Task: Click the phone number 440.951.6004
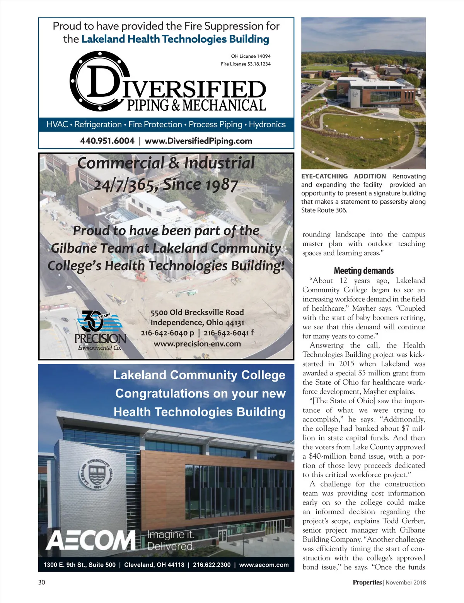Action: pyautogui.click(x=107, y=141)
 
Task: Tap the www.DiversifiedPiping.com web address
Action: pyautogui.click(x=198, y=141)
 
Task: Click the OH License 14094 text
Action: pyautogui.click(x=251, y=56)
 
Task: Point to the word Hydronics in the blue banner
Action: pyautogui.click(x=267, y=125)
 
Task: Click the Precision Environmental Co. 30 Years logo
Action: pyautogui.click(x=100, y=330)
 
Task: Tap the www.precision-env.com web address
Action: pyautogui.click(x=197, y=344)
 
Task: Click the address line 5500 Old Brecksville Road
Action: pyautogui.click(x=197, y=312)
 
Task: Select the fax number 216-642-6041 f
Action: pyautogui.click(x=229, y=333)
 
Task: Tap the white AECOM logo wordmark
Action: pyautogui.click(x=91, y=540)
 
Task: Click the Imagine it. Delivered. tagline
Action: pyautogui.click(x=171, y=540)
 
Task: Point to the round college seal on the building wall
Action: pyautogui.click(x=98, y=475)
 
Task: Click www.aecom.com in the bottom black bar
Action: pyautogui.click(x=264, y=565)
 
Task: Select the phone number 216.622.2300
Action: pyautogui.click(x=212, y=565)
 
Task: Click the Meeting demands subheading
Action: pyautogui.click(x=363, y=271)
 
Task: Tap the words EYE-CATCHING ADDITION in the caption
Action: pyautogui.click(x=343, y=176)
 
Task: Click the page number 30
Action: pyautogui.click(x=42, y=582)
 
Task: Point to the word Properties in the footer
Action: pyautogui.click(x=367, y=582)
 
